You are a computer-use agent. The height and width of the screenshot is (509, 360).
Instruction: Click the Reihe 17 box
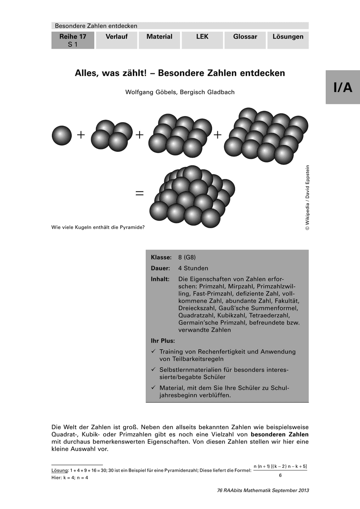point(73,40)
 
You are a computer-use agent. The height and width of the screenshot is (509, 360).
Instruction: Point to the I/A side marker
point(343,87)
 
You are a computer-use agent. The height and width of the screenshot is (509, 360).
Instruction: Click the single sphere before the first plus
point(62,135)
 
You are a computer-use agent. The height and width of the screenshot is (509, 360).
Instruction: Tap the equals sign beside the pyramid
point(139,193)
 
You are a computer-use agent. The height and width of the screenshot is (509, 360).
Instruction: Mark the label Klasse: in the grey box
point(161,257)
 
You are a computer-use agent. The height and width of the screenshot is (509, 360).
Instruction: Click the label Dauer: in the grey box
point(160,268)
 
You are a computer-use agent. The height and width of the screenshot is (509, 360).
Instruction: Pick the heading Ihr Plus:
point(163,341)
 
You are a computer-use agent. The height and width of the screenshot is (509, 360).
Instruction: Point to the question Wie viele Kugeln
point(98,227)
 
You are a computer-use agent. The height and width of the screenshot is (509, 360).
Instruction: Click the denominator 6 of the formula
point(280,475)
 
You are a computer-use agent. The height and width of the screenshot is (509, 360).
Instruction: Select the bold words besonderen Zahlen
point(280,435)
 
